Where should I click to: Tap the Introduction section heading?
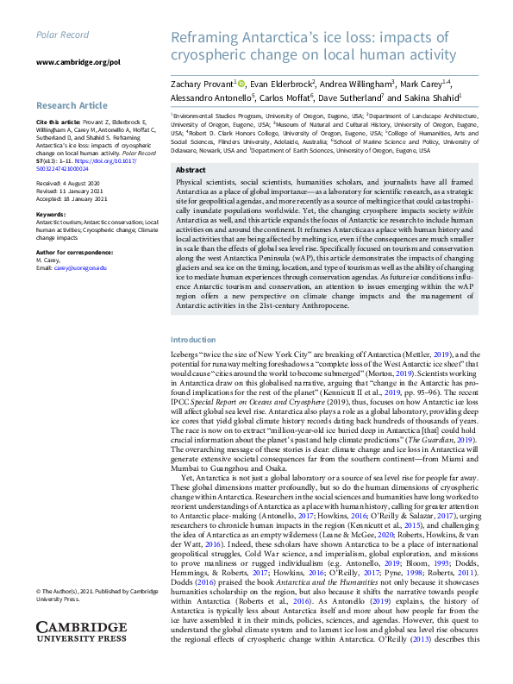pos(193,340)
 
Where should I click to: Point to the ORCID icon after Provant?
pos(241,84)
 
